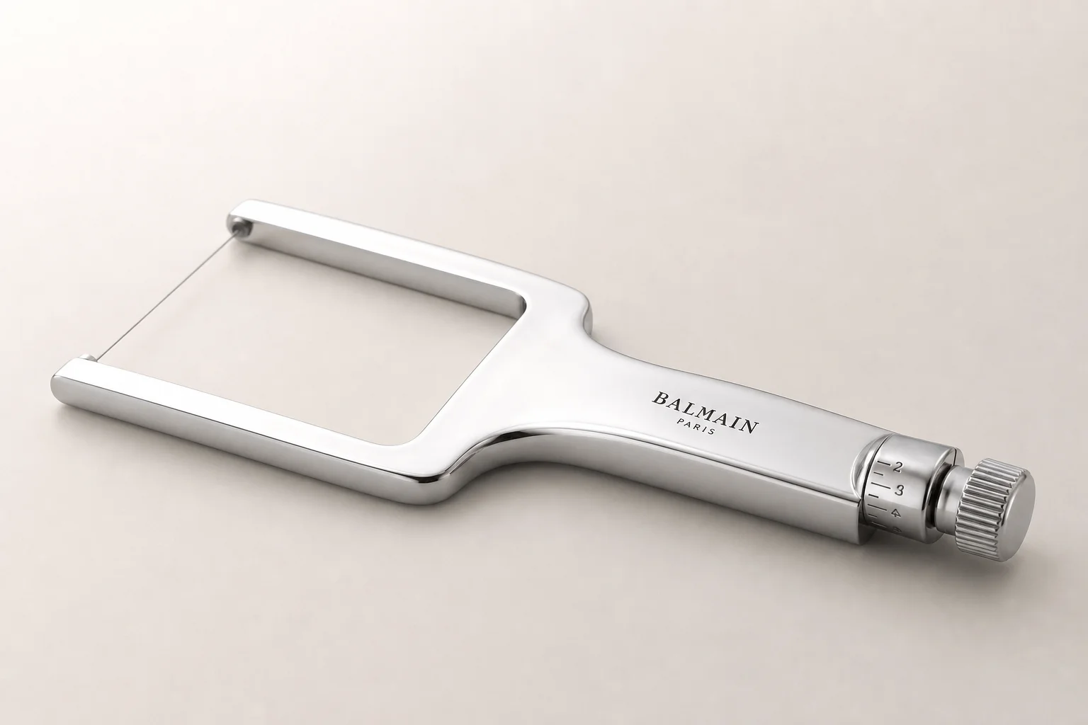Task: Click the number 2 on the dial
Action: click(897, 467)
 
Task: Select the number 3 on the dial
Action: click(899, 491)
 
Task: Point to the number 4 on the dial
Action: click(895, 513)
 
